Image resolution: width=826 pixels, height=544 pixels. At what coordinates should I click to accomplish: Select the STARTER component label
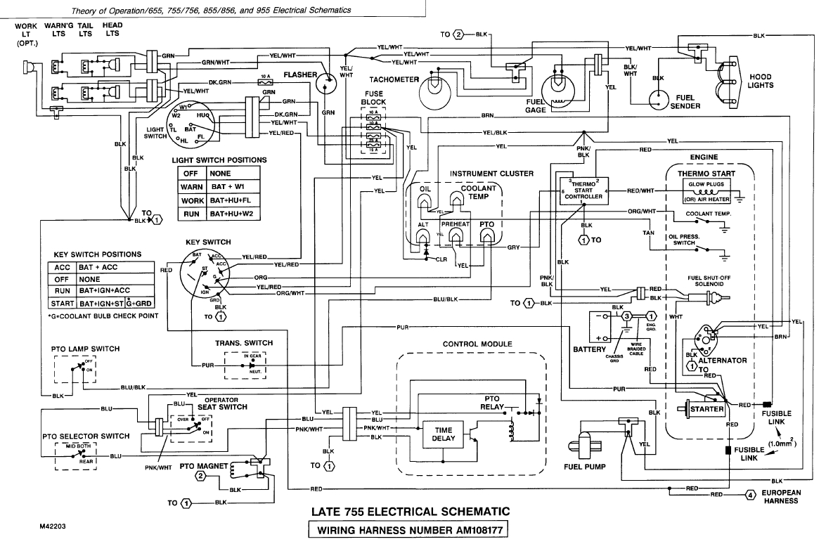click(706, 409)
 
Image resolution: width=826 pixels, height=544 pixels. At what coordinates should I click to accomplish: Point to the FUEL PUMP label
click(581, 466)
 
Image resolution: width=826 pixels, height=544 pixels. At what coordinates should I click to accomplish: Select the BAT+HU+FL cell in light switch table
click(230, 200)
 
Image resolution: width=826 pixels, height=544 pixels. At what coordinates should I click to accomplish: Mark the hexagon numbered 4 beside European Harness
click(751, 495)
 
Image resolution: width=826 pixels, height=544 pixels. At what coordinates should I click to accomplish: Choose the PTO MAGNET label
click(205, 465)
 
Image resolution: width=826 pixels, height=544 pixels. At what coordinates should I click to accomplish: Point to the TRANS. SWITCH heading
click(244, 343)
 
